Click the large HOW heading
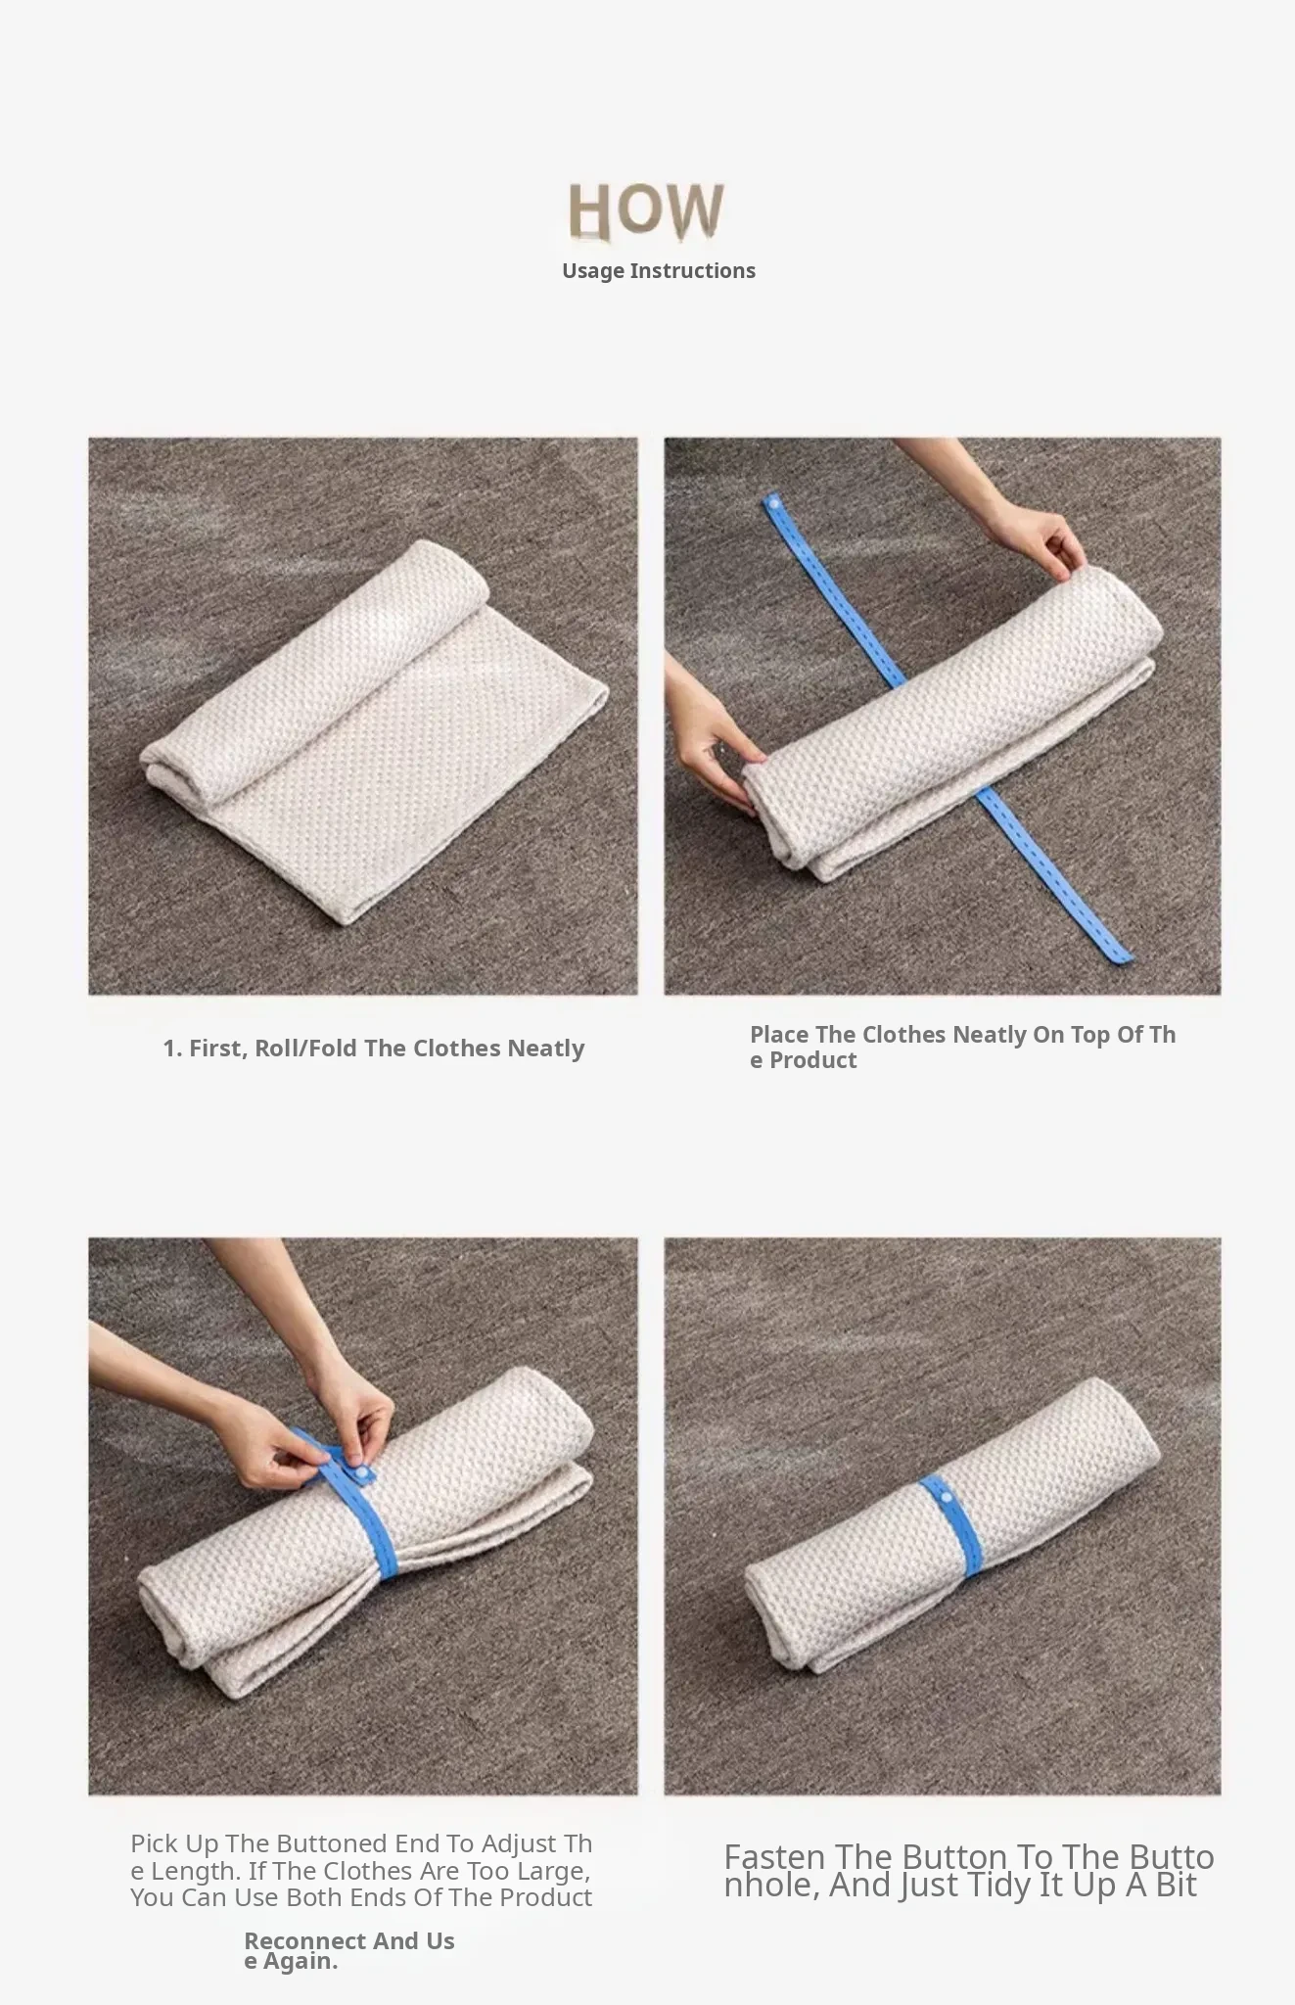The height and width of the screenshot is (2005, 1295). pos(646,210)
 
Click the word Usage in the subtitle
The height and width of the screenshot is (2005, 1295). pos(593,271)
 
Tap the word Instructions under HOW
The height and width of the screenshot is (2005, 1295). pos(693,271)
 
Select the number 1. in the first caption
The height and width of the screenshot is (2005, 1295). pos(172,1049)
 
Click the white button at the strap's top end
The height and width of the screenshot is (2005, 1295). pos(775,503)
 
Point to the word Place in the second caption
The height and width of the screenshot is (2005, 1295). pos(779,1035)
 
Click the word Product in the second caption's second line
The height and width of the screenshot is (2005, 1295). pos(812,1060)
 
